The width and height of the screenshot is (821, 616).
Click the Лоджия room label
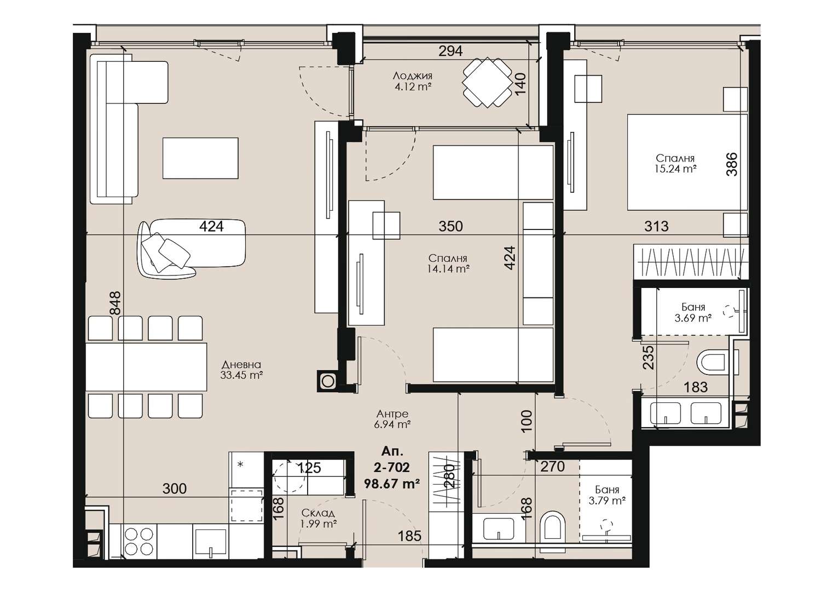click(412, 76)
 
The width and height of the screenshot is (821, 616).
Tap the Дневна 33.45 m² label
click(241, 370)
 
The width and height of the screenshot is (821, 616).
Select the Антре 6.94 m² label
click(392, 419)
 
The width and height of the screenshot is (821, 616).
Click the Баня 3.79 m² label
click(608, 495)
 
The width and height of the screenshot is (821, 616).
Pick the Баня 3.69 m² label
click(693, 313)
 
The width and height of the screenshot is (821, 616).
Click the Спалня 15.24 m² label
click(675, 163)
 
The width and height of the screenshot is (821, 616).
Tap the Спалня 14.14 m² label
click(448, 263)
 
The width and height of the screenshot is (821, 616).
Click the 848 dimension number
click(115, 303)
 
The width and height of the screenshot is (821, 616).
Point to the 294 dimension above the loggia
click(450, 51)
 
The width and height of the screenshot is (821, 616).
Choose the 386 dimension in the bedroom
click(732, 164)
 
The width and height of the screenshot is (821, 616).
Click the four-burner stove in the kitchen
click(139, 541)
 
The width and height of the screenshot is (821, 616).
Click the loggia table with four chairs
click(487, 82)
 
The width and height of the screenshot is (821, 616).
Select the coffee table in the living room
click(200, 158)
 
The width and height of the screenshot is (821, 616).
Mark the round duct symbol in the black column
click(328, 381)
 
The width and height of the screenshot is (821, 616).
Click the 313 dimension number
click(656, 226)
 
